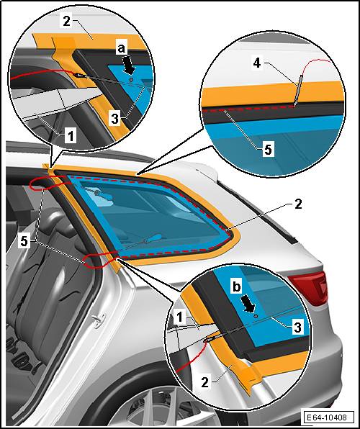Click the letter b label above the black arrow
click(x=237, y=287)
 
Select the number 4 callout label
click(x=257, y=64)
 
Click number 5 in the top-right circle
click(x=268, y=150)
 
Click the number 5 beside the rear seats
click(x=24, y=241)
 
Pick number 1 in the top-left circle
click(x=71, y=136)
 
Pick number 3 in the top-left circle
click(x=115, y=119)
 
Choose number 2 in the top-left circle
click(x=68, y=21)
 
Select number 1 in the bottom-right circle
click(x=179, y=317)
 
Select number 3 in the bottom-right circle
click(x=297, y=327)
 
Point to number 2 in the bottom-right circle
click(x=204, y=382)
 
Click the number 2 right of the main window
click(x=297, y=204)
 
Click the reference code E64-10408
click(x=326, y=417)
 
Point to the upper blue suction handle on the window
click(x=103, y=195)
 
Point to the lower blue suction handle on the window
click(x=153, y=238)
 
